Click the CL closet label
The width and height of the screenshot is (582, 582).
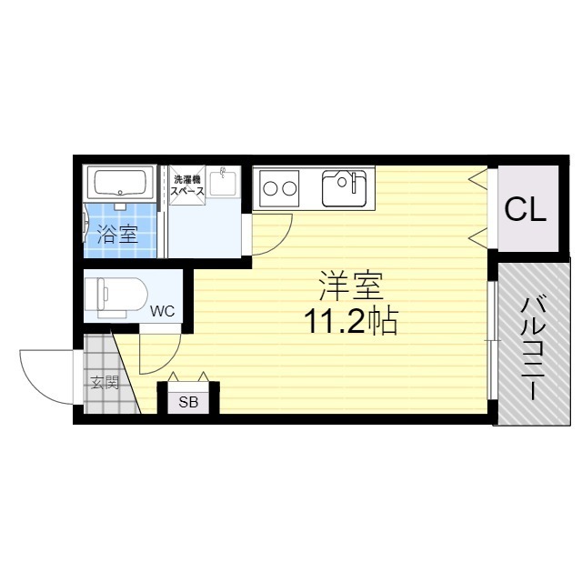526,210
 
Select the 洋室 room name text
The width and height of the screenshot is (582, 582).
350,286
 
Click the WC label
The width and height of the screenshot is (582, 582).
162,310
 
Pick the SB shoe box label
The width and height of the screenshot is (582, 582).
188,401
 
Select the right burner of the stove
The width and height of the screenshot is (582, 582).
290,190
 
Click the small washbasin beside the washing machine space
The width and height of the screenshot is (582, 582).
221,182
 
